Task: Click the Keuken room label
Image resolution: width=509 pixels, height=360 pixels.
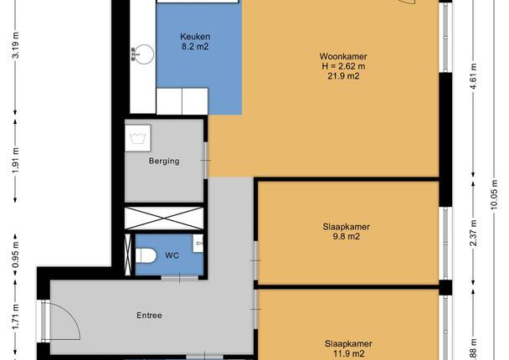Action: click(195, 36)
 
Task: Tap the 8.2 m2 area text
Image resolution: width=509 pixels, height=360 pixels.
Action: click(195, 46)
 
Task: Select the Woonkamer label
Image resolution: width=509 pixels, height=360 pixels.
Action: click(343, 56)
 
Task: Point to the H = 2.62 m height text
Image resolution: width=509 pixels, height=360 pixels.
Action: click(343, 66)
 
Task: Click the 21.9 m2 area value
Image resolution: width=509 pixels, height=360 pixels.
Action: click(343, 76)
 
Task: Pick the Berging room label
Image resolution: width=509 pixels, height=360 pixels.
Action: click(164, 161)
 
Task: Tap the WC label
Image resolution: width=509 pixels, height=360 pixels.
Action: click(172, 255)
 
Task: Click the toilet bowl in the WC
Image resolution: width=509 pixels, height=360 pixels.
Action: click(146, 256)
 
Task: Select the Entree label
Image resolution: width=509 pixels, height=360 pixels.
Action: click(149, 315)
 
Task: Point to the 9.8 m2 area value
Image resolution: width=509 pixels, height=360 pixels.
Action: click(347, 236)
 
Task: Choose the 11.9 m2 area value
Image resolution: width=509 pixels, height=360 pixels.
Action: click(348, 353)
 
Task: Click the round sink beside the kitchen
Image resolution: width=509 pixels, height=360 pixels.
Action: click(142, 54)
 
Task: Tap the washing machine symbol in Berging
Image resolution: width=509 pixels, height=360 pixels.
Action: click(138, 138)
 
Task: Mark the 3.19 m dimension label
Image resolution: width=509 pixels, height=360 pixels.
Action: click(15, 45)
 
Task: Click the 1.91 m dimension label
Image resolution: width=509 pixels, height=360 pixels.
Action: click(15, 160)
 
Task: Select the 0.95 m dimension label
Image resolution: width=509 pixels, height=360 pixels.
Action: click(15, 255)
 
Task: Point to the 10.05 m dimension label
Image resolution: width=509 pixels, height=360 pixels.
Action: click(494, 195)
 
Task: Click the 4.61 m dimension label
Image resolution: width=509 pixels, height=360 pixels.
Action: click(473, 77)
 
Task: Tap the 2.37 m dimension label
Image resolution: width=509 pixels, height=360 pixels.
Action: click(473, 233)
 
